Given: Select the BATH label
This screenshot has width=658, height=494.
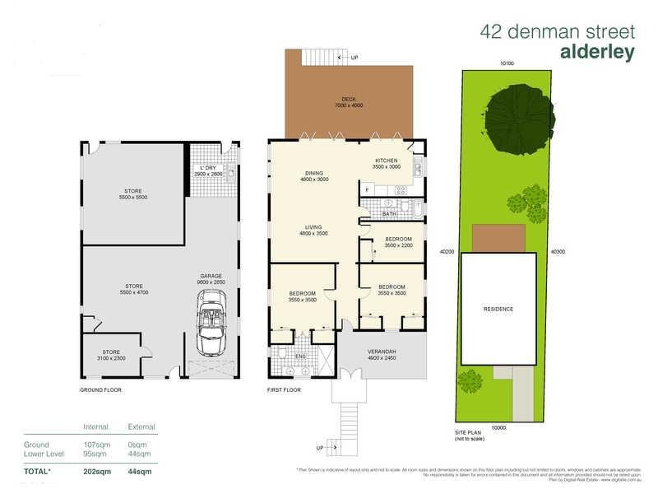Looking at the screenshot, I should pyautogui.click(x=389, y=214).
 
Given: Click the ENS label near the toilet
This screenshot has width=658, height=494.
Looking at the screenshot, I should pyautogui.click(x=300, y=357).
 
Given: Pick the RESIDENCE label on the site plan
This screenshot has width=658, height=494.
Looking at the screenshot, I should pyautogui.click(x=498, y=309).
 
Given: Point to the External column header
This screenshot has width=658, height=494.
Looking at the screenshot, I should pyautogui.click(x=141, y=427).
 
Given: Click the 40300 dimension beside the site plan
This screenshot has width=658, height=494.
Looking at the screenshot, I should pyautogui.click(x=558, y=253).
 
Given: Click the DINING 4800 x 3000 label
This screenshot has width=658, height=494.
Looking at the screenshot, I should pyautogui.click(x=313, y=176).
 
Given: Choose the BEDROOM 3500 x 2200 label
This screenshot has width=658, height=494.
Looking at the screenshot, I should pyautogui.click(x=398, y=242).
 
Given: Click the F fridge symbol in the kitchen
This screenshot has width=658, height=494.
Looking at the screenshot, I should pyautogui.click(x=367, y=190).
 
